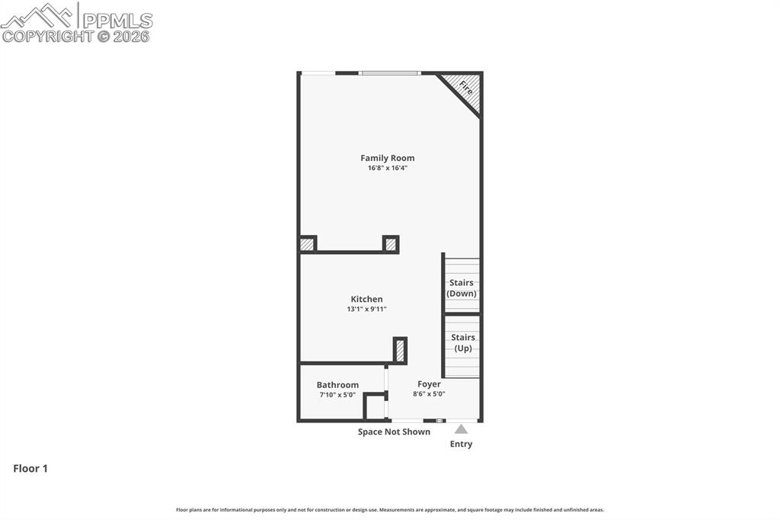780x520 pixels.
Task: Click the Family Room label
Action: pos(388,158)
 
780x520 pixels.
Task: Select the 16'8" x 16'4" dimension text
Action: pos(388,168)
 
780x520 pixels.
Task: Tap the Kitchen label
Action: pos(366,299)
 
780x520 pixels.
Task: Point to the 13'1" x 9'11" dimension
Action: pos(366,309)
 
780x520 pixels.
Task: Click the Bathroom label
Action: pos(337,384)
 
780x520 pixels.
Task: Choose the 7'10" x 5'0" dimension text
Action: pos(337,394)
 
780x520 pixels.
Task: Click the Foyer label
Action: pos(429,384)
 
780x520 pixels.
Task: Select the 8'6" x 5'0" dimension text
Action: pos(429,393)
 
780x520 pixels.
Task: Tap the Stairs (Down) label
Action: pos(461,288)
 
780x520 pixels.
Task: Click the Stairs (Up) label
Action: pos(462,342)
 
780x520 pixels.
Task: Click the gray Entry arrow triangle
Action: pos(461,429)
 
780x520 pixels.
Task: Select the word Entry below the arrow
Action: pos(461,444)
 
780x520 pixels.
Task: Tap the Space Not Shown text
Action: pos(394,432)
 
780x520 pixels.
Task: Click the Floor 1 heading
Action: pos(30,468)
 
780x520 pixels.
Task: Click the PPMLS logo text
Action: pos(117,21)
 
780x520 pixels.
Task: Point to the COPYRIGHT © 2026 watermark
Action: pos(75,37)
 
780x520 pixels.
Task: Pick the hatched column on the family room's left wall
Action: pos(307,244)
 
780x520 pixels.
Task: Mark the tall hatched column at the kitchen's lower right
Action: pos(400,351)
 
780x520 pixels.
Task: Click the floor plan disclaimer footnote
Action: pos(390,509)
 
